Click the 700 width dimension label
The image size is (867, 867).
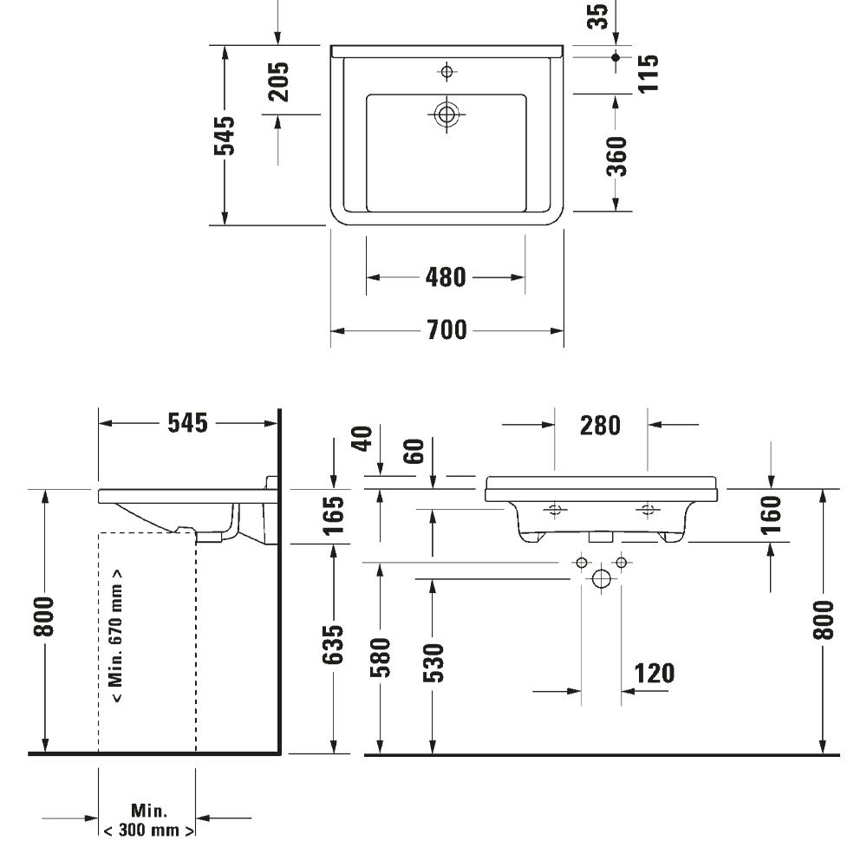[447, 331]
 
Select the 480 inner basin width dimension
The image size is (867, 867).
[447, 277]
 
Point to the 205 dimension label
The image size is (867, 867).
[277, 81]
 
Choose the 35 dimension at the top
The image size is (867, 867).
[597, 15]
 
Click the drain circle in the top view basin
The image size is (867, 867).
[447, 114]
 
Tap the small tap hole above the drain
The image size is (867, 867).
[447, 70]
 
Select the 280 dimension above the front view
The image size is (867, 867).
[601, 425]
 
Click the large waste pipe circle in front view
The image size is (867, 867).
[600, 579]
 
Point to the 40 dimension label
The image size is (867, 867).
[362, 439]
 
